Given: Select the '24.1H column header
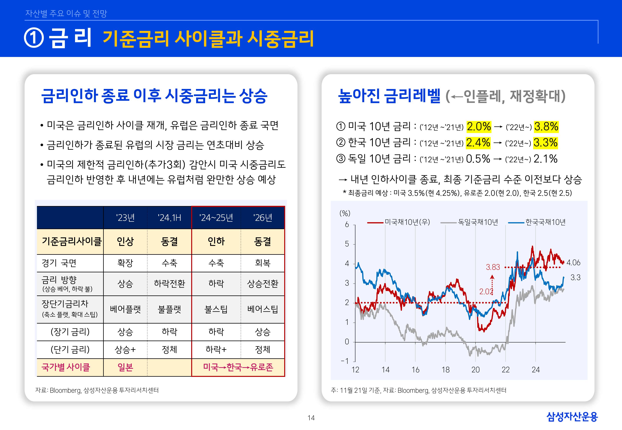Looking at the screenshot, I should click(x=169, y=218).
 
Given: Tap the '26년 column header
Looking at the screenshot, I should click(x=262, y=218).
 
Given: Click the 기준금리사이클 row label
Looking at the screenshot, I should click(x=71, y=241).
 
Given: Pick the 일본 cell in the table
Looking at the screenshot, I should click(x=125, y=368).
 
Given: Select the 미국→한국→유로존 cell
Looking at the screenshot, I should click(x=238, y=368).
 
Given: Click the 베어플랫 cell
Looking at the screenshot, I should click(x=125, y=309).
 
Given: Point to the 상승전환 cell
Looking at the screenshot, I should click(x=262, y=284).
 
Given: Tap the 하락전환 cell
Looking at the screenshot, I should click(x=169, y=284).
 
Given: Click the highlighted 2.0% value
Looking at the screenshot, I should click(x=479, y=127).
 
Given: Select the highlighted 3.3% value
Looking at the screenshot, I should click(x=545, y=143).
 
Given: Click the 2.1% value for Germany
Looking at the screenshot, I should click(x=545, y=159).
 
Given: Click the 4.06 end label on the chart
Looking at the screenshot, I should click(x=573, y=263).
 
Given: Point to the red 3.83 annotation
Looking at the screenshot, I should click(x=493, y=267).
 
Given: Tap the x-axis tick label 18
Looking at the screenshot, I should click(x=445, y=370).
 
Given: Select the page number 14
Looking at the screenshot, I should click(x=311, y=418).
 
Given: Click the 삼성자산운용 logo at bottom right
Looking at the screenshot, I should click(x=572, y=417).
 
